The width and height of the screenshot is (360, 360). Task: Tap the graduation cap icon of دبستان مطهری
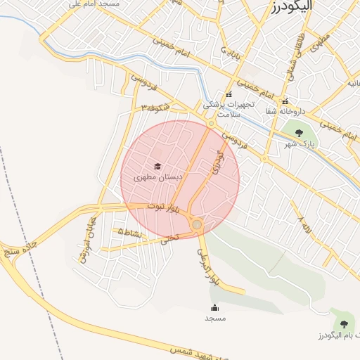click(157, 167)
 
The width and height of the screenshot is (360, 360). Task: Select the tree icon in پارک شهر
click(299, 133)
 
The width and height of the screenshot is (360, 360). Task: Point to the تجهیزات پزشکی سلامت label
click(229, 108)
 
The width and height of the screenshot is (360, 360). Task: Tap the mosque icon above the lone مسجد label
click(214, 307)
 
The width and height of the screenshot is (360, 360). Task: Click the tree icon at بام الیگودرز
click(344, 323)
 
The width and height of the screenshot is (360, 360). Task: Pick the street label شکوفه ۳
click(157, 108)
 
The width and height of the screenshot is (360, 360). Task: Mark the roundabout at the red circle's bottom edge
click(197, 225)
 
